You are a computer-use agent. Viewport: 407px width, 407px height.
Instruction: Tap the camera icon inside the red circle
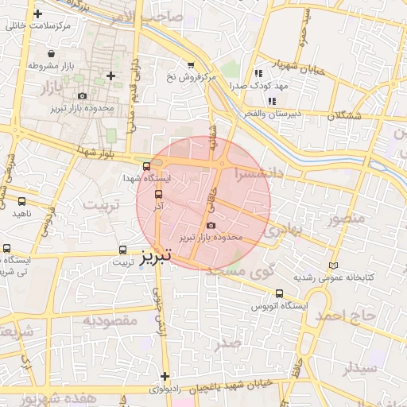click(210, 227)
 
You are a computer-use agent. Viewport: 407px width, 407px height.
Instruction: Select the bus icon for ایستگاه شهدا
click(145, 166)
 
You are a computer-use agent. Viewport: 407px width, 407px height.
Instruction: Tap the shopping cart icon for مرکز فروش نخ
click(190, 65)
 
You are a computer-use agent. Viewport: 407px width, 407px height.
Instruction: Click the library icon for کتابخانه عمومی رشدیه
click(333, 266)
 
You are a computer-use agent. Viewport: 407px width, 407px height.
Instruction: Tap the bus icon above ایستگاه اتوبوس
click(278, 293)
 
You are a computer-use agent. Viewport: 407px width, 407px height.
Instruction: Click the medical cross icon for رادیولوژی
click(165, 376)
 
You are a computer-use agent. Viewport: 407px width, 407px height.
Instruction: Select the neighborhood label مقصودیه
click(111, 320)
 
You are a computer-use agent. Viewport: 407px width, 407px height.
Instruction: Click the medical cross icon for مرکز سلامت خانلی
click(37, 14)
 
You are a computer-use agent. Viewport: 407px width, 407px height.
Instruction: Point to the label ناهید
click(21, 214)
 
